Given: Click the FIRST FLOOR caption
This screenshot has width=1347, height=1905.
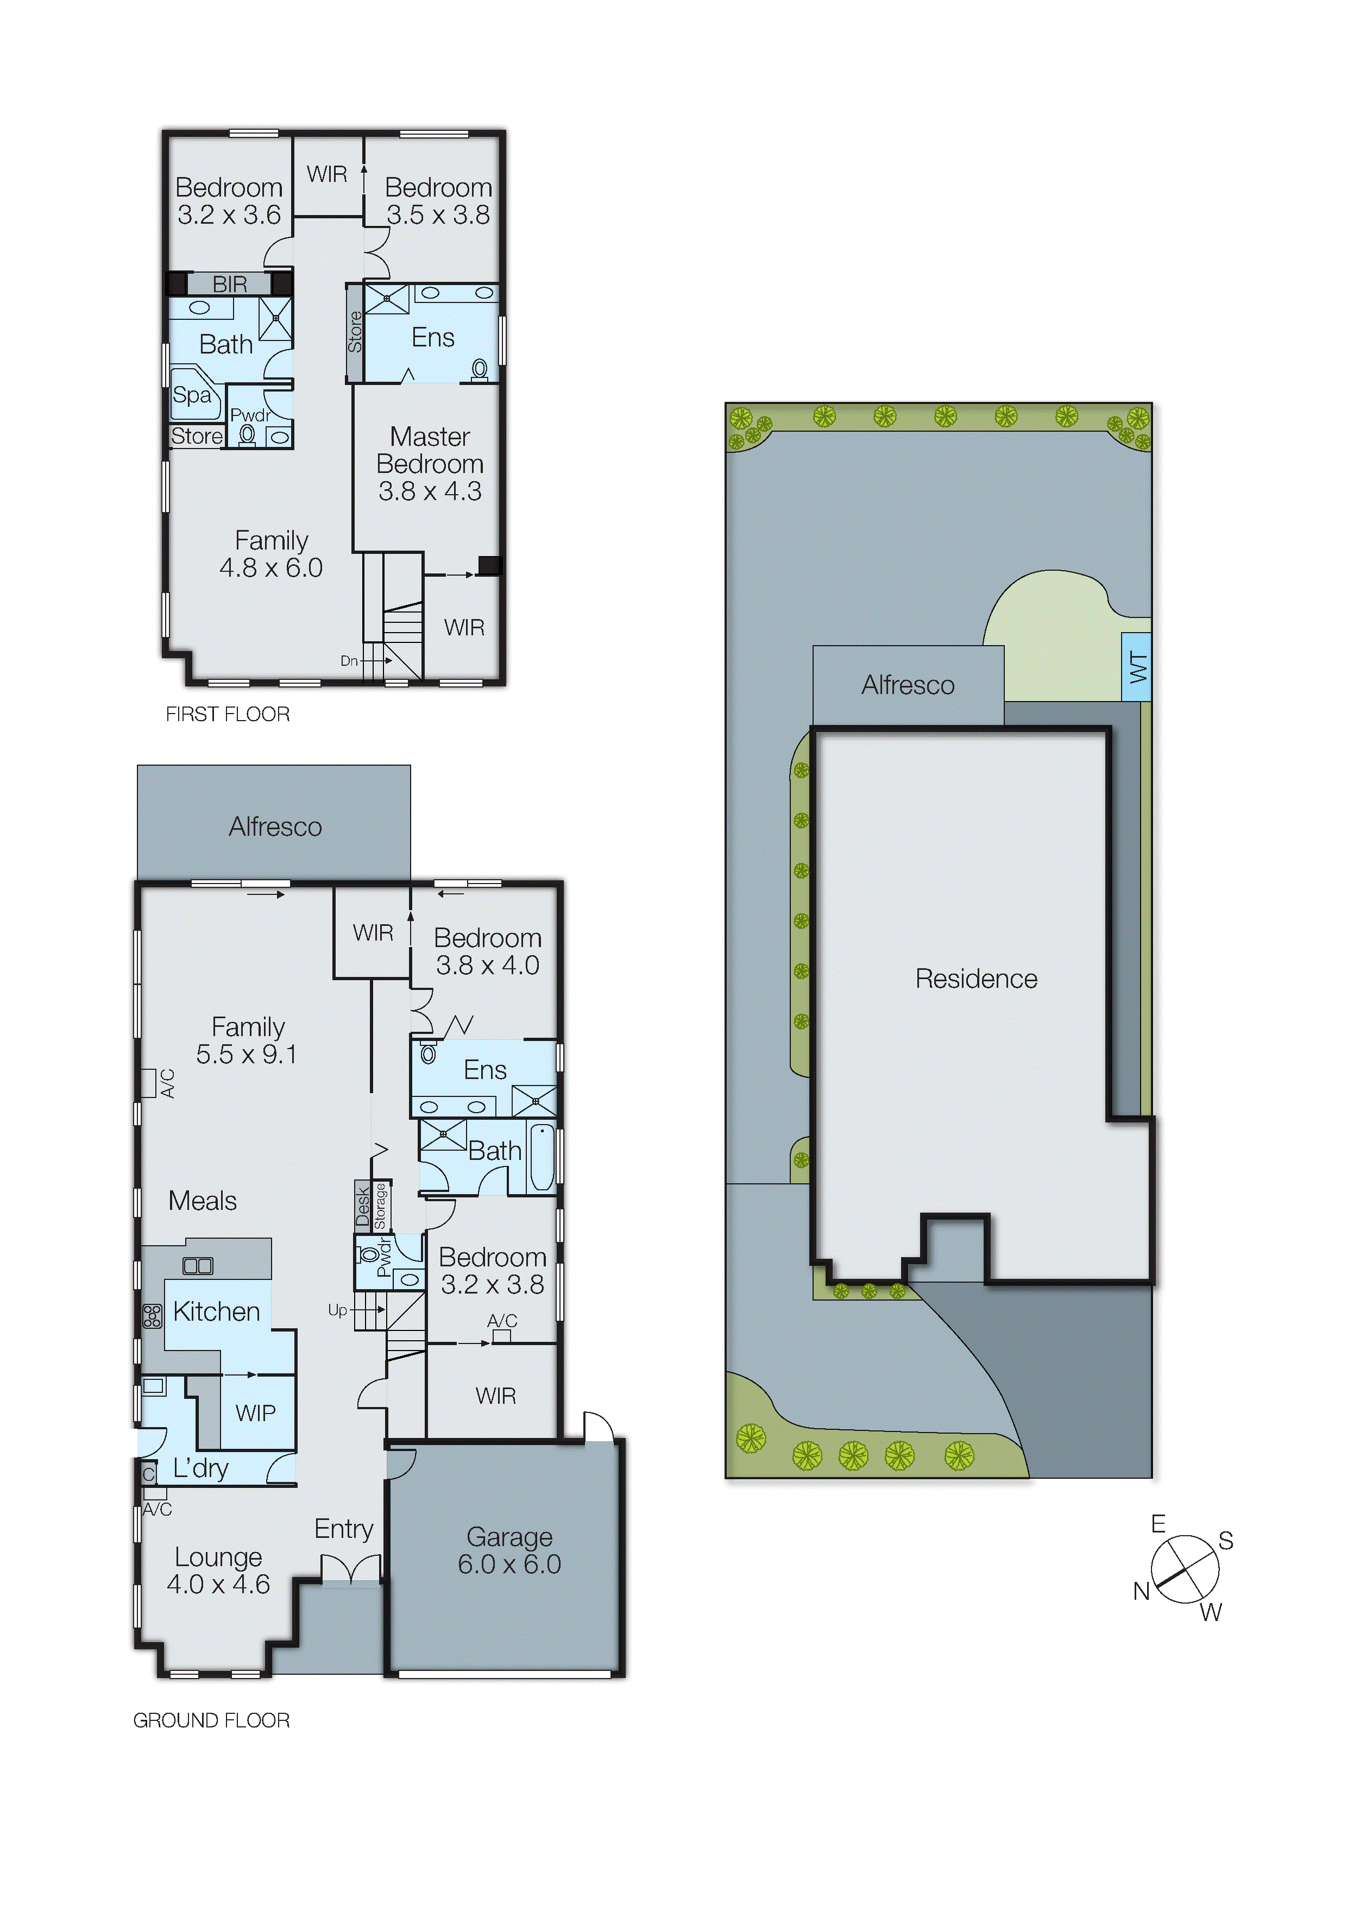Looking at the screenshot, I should tap(228, 715).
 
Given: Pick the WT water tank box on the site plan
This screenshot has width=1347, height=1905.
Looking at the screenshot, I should tap(1136, 667).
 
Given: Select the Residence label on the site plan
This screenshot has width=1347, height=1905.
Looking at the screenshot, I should tap(976, 979).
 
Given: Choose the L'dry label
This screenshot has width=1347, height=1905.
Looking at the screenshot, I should tap(201, 1468).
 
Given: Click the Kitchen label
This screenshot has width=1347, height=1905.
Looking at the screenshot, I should tap(217, 1312).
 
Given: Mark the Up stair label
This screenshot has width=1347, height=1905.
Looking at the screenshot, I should tap(337, 1310).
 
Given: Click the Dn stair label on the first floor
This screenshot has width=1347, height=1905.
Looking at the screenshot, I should tap(349, 661).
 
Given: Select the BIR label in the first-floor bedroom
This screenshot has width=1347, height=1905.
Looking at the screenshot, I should tap(229, 285).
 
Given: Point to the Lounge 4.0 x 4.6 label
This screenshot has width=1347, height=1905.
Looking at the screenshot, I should tap(218, 1570).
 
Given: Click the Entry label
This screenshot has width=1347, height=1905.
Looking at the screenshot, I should tap(344, 1529).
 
